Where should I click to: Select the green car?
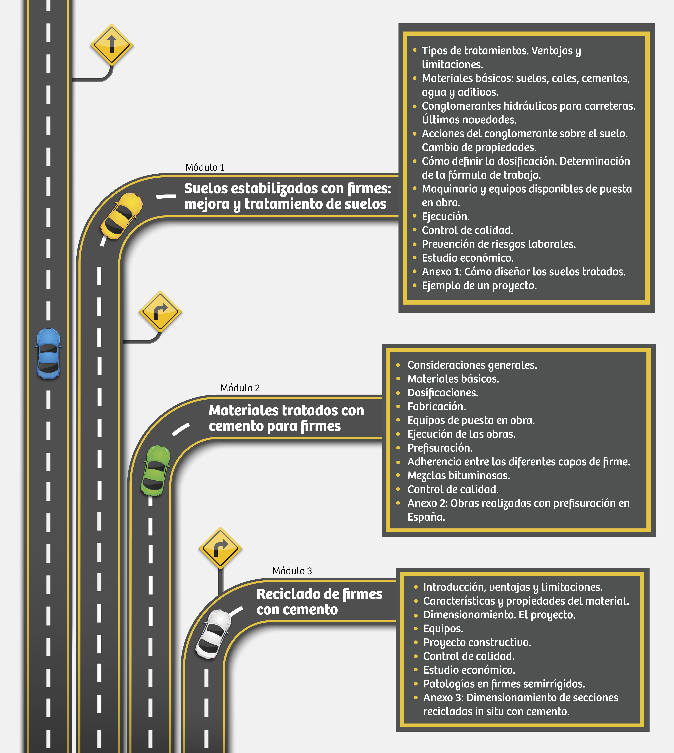tap(156, 471)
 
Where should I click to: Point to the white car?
tap(213, 634)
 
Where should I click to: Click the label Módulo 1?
tap(205, 167)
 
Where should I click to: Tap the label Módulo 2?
tap(240, 388)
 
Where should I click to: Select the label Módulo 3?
tap(292, 571)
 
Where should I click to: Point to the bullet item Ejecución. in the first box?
tap(445, 216)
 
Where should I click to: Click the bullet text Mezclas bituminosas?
tap(458, 475)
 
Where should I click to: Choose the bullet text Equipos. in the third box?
tap(443, 629)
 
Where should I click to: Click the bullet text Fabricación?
tap(437, 407)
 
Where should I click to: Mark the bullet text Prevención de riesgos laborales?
tap(499, 244)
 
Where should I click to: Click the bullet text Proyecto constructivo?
tap(477, 643)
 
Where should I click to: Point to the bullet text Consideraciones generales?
tap(472, 365)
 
